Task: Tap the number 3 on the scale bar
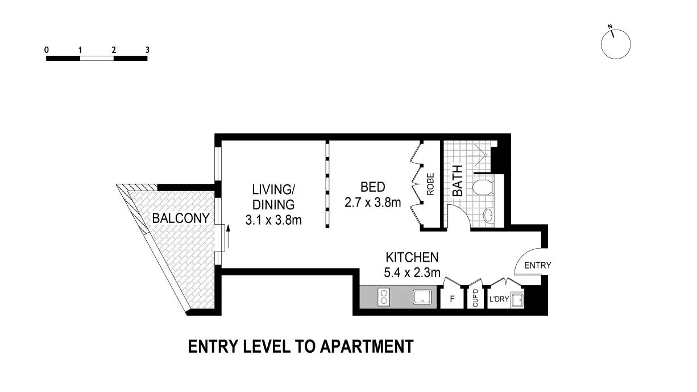click(147, 50)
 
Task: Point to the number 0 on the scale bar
click(47, 50)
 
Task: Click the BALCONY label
click(181, 218)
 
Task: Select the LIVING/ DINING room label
click(273, 196)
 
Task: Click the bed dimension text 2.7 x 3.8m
click(373, 202)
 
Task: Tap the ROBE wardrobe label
click(431, 184)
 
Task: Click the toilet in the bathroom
click(484, 187)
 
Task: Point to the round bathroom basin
click(488, 216)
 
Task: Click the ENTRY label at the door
click(537, 265)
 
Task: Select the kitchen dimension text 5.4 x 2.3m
click(412, 273)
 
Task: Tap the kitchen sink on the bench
click(422, 298)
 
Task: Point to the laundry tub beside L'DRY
click(517, 300)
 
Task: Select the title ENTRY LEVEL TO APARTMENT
click(300, 346)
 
